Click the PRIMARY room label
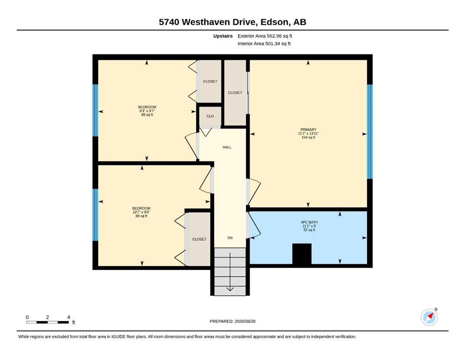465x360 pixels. pyautogui.click(x=308, y=130)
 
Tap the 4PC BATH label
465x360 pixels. pyautogui.click(x=310, y=222)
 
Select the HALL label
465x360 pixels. pyautogui.click(x=227, y=147)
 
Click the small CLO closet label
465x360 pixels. pyautogui.click(x=210, y=116)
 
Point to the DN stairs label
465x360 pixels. pyautogui.click(x=230, y=238)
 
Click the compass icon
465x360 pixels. pyautogui.click(x=429, y=317)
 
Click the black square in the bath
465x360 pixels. pyautogui.click(x=302, y=254)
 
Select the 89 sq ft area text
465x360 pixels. pyautogui.click(x=147, y=115)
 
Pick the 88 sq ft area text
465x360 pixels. pyautogui.click(x=141, y=216)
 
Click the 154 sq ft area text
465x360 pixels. pyautogui.click(x=308, y=137)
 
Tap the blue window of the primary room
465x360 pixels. pyautogui.click(x=370, y=132)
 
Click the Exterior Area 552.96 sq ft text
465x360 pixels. pyautogui.click(x=265, y=36)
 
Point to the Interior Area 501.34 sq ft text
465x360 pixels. pyautogui.click(x=264, y=44)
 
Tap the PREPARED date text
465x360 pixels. pyautogui.click(x=232, y=321)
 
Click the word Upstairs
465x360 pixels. pyautogui.click(x=223, y=36)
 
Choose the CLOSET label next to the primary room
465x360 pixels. pyautogui.click(x=235, y=93)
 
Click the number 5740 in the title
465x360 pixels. pyautogui.click(x=169, y=22)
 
